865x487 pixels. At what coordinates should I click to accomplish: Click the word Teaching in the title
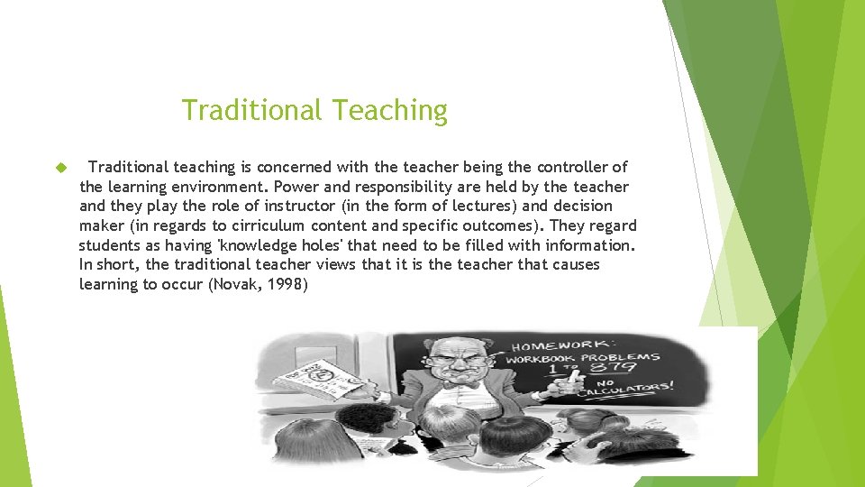point(389,111)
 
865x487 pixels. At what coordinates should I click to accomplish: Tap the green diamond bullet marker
point(61,168)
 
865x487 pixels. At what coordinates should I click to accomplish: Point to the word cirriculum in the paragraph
point(269,225)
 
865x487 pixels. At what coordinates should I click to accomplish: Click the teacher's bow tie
point(465,384)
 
